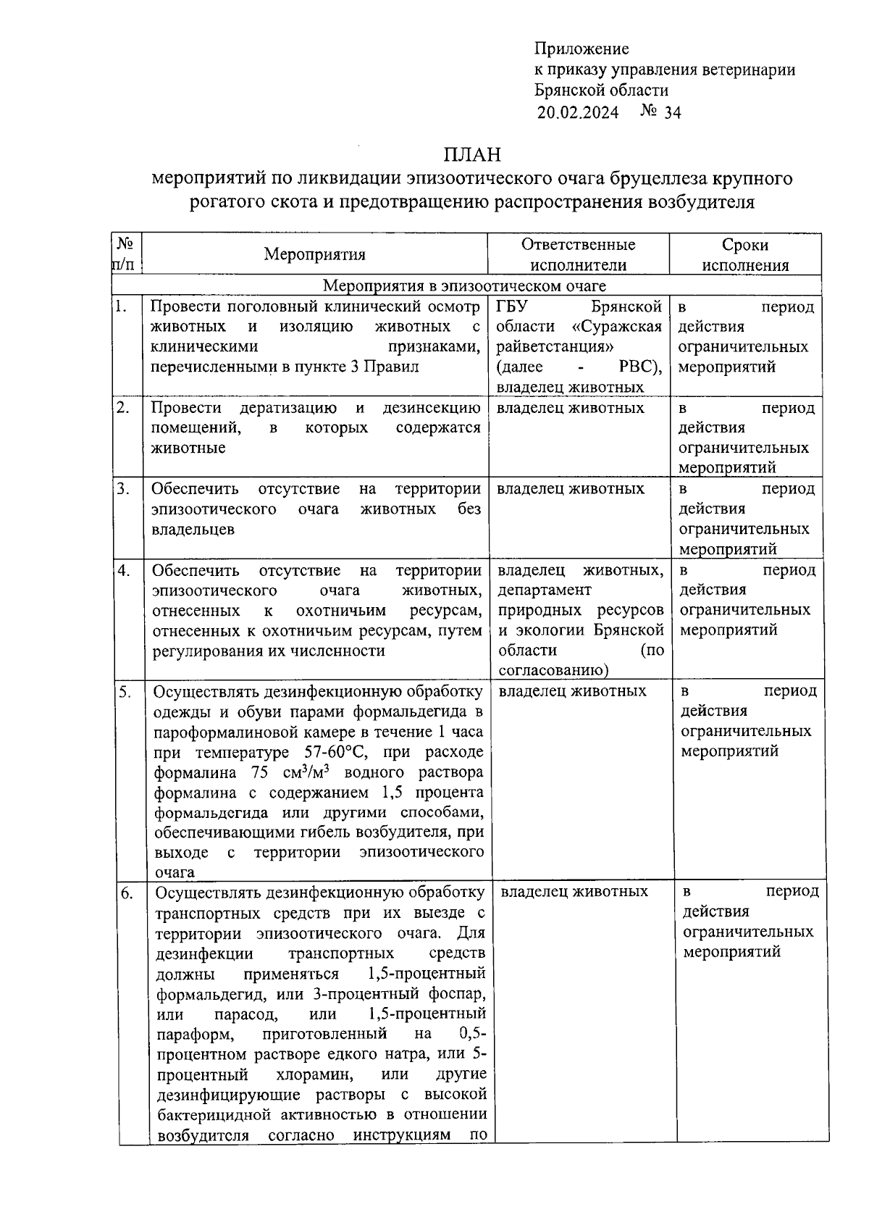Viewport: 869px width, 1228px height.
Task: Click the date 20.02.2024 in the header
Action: pyautogui.click(x=577, y=112)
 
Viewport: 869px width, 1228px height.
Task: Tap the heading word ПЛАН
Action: pyautogui.click(x=472, y=155)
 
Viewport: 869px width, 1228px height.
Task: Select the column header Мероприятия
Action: pyautogui.click(x=314, y=254)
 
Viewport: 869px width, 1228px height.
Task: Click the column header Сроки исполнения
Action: pyautogui.click(x=745, y=254)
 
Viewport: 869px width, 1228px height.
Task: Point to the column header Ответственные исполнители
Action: pyautogui.click(x=578, y=254)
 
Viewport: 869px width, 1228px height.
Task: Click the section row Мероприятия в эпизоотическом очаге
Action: pyautogui.click(x=464, y=286)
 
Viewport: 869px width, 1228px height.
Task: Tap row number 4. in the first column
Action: pyautogui.click(x=125, y=571)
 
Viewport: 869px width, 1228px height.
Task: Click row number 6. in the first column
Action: pyautogui.click(x=126, y=893)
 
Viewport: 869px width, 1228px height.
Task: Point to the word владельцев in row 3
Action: pyautogui.click(x=193, y=530)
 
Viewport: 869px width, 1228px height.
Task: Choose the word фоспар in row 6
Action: pyautogui.click(x=456, y=993)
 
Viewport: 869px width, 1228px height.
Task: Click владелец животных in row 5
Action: pyautogui.click(x=572, y=691)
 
